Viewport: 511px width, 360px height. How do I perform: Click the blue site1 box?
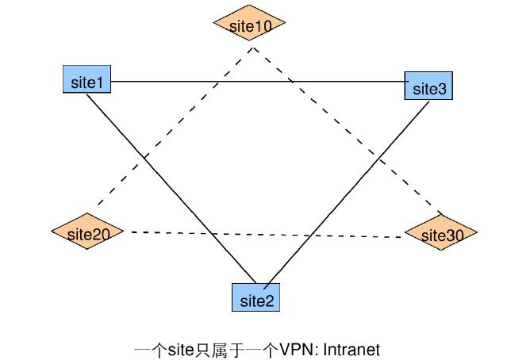[86, 80]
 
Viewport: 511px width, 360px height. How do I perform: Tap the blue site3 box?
[428, 86]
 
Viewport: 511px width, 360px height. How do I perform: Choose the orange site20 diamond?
[87, 232]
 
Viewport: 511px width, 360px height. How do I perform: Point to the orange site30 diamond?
[440, 234]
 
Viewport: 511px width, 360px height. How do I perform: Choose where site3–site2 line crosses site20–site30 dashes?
[308, 236]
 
